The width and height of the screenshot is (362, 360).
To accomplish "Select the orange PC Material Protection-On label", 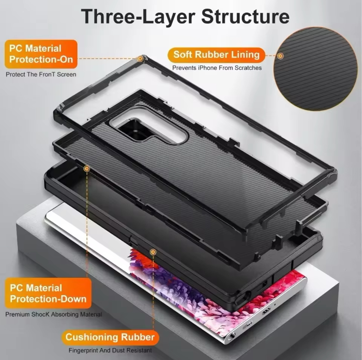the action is tap(41, 54).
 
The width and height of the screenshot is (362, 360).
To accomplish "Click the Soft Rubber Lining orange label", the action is tap(216, 55).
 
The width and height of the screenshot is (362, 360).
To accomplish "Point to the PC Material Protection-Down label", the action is tap(48, 293).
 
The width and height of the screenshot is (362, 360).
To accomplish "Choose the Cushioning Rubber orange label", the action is tap(110, 337).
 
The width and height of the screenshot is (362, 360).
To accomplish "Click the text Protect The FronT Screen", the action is tap(41, 74).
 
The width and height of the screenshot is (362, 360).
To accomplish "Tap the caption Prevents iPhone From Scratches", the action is tap(217, 68).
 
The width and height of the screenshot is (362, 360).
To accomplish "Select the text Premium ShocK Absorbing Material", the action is tap(54, 314).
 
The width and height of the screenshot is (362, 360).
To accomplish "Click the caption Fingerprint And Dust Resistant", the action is tap(110, 351).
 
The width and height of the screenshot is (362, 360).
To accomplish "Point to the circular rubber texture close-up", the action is tap(315, 69).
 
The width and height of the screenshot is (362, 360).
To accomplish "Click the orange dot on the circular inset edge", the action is tap(280, 56).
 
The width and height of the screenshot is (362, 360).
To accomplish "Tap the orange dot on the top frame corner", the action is tap(140, 59).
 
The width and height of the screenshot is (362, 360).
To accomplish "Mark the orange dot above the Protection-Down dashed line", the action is tap(87, 169).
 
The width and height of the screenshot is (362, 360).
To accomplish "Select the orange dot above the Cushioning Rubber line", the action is tap(153, 252).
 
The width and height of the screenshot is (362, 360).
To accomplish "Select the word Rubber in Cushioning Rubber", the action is tap(138, 337).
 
